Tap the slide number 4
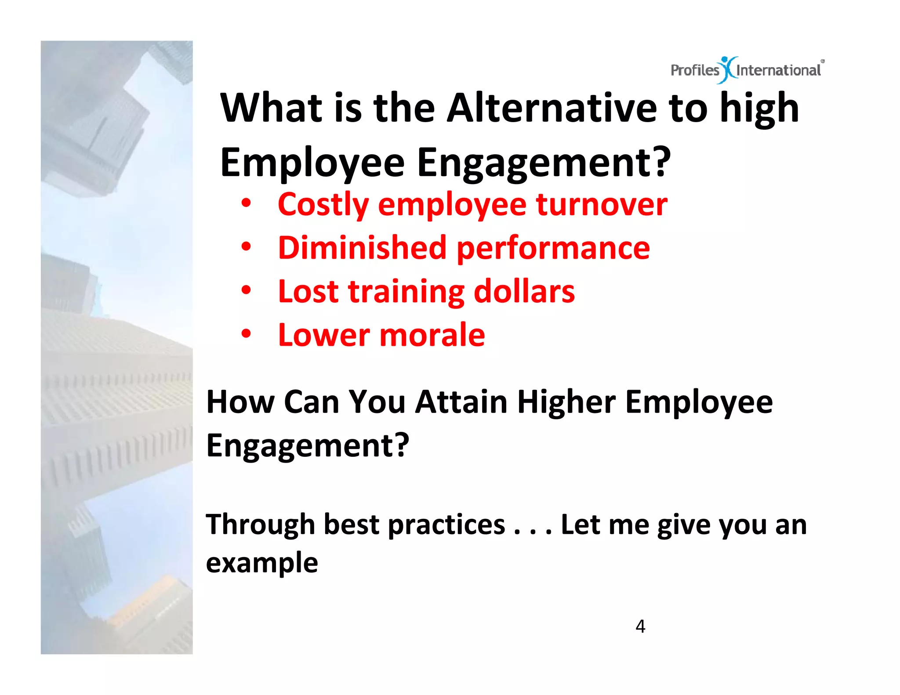(x=640, y=626)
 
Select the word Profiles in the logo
(x=694, y=70)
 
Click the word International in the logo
(x=778, y=70)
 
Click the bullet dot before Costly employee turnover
(x=246, y=203)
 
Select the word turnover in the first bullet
(x=602, y=205)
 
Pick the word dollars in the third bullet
(x=524, y=292)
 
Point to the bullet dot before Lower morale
(x=246, y=334)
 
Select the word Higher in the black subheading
(x=566, y=402)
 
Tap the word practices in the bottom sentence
(x=446, y=525)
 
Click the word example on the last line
(x=262, y=564)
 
